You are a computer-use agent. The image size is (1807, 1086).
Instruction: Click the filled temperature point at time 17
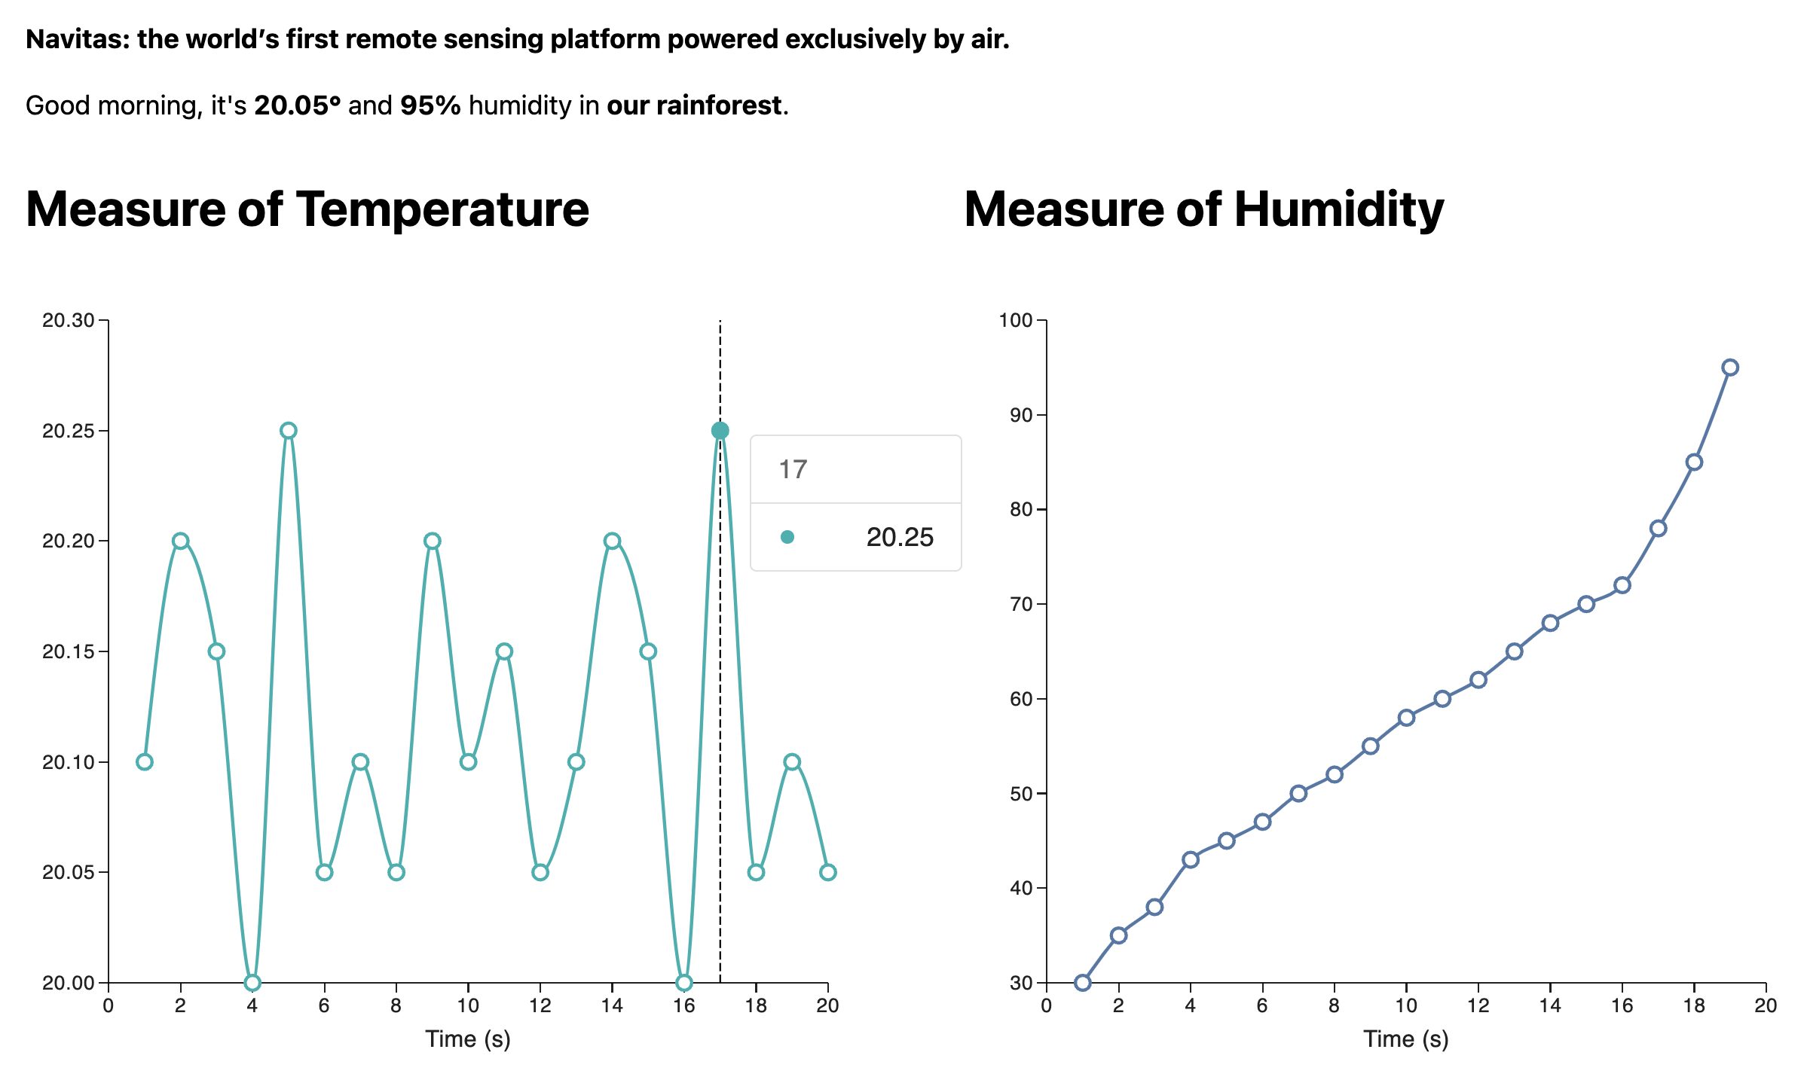click(x=720, y=431)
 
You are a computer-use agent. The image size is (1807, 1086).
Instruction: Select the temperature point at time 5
click(x=289, y=431)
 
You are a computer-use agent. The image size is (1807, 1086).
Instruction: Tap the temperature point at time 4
click(x=252, y=983)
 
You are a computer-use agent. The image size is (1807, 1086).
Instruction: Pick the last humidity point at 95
click(x=1730, y=368)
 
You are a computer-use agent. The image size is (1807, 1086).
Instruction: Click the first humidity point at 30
click(x=1083, y=983)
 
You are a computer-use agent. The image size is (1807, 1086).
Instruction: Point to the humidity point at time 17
click(x=1658, y=529)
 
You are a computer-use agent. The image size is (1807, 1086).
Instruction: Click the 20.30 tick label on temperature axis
click(x=69, y=321)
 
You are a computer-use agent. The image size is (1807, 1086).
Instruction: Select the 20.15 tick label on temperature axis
click(x=69, y=651)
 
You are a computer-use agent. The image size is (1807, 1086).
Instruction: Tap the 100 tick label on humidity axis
click(x=1015, y=321)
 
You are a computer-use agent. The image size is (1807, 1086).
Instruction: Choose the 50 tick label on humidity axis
click(x=1020, y=794)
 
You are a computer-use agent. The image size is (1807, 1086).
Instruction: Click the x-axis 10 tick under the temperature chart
click(x=468, y=1005)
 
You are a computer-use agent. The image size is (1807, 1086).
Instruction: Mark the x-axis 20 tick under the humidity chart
click(x=1766, y=1005)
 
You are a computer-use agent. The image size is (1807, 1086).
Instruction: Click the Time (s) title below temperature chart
click(x=468, y=1039)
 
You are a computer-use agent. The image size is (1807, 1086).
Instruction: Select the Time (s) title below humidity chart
click(x=1406, y=1039)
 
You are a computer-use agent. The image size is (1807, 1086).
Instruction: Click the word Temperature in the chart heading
click(x=442, y=209)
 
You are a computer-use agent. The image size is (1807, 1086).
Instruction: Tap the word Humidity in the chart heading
click(x=1338, y=209)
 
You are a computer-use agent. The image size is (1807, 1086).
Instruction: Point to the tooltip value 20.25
click(x=900, y=538)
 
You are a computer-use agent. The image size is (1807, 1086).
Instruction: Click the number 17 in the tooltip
click(x=793, y=470)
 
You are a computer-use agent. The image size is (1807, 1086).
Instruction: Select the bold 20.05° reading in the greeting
click(x=297, y=105)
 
